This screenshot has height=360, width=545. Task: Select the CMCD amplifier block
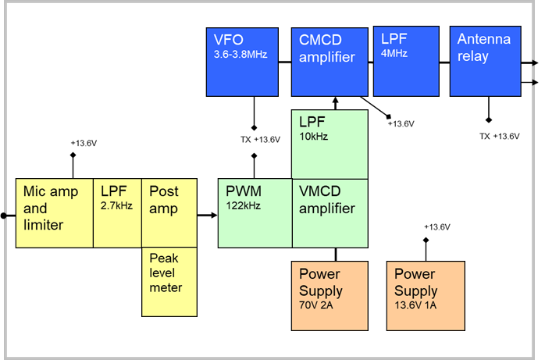[x=329, y=60]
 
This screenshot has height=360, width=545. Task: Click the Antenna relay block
[x=485, y=60]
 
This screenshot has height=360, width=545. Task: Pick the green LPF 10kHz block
[x=329, y=144]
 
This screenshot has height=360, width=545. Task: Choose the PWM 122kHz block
[x=255, y=213]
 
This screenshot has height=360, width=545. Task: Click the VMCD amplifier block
[x=329, y=213]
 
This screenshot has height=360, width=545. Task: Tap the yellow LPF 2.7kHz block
[x=118, y=213]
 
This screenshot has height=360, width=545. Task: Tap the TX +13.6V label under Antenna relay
[x=499, y=137]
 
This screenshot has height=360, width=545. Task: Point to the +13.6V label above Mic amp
[x=84, y=144]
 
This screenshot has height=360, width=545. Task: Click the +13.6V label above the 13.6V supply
[x=436, y=227]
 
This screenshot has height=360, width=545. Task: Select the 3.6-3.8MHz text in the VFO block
[x=240, y=55]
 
